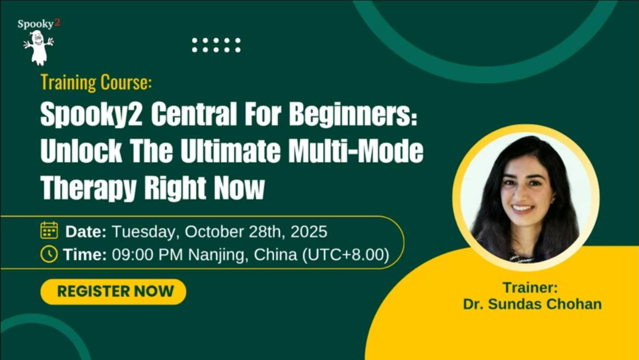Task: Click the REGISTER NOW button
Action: [x=113, y=291]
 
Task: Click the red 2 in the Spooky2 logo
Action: [x=57, y=23]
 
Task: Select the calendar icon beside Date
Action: [x=49, y=230]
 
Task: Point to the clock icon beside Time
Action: [x=49, y=254]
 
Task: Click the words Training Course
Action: [x=96, y=82]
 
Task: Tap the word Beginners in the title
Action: [x=352, y=115]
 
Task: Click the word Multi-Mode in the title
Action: [x=356, y=151]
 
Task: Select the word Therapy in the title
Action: [x=88, y=187]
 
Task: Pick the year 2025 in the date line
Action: [x=309, y=232]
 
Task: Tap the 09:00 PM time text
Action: [x=147, y=255]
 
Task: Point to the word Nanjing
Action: [x=218, y=255]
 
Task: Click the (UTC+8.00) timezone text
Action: [x=346, y=255]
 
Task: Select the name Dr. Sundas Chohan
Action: [x=532, y=304]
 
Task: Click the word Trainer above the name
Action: [x=530, y=288]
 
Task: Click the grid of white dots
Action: [x=216, y=45]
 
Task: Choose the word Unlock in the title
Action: [x=81, y=151]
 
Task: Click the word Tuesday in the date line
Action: [x=145, y=232]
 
